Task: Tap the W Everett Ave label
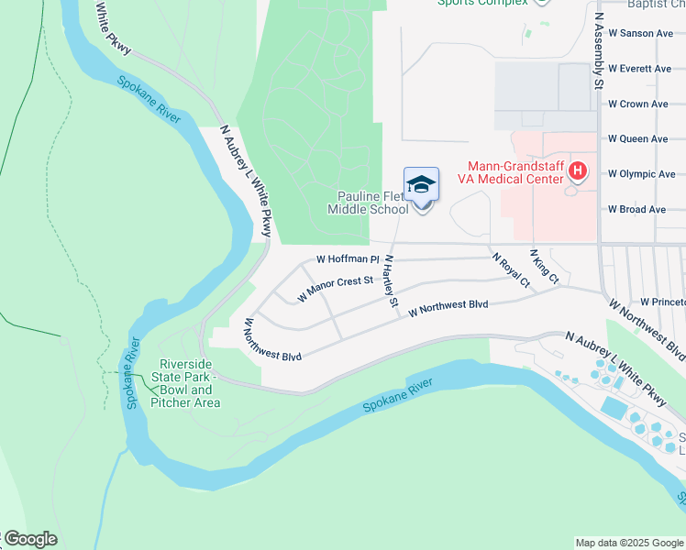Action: [x=640, y=69]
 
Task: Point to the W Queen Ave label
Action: [x=638, y=139]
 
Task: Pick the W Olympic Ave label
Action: [x=641, y=174]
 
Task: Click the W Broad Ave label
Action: [x=637, y=210]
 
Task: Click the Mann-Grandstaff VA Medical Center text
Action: [x=515, y=173]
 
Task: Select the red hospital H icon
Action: [x=578, y=170]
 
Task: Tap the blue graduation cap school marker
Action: [x=421, y=185]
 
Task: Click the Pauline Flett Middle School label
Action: [x=370, y=203]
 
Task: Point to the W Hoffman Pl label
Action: [x=348, y=260]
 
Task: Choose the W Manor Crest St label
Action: [x=337, y=290]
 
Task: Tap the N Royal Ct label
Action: [x=511, y=270]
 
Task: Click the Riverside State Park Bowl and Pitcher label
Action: [x=185, y=383]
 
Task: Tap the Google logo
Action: [x=29, y=539]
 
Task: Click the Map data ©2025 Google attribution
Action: [x=629, y=543]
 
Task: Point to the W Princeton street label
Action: [x=662, y=302]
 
